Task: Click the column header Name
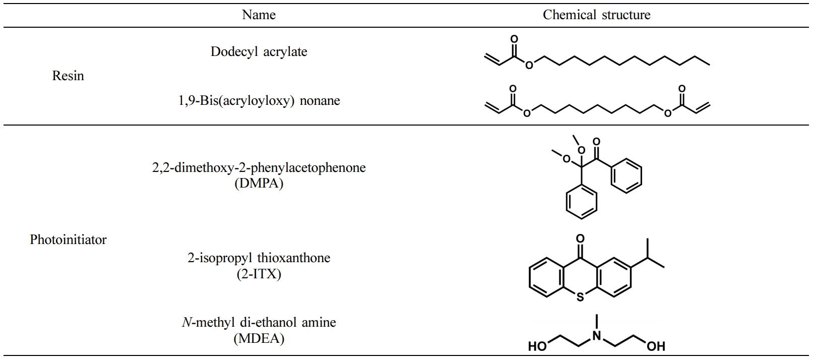(x=259, y=15)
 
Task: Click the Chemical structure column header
(x=596, y=15)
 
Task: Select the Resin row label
(x=68, y=76)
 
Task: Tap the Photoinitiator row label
(x=68, y=239)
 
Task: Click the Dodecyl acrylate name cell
(x=259, y=52)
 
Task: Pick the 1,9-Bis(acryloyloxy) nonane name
(x=259, y=101)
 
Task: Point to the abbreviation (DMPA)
(x=259, y=184)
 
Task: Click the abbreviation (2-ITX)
(x=259, y=274)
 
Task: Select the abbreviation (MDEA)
(x=259, y=339)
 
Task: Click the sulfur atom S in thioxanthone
(x=580, y=297)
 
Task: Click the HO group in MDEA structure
(x=537, y=346)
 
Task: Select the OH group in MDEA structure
(x=656, y=346)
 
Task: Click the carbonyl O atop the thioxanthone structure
(x=580, y=238)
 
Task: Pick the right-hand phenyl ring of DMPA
(x=626, y=176)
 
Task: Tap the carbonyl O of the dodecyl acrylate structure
(x=514, y=39)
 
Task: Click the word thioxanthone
(x=294, y=258)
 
